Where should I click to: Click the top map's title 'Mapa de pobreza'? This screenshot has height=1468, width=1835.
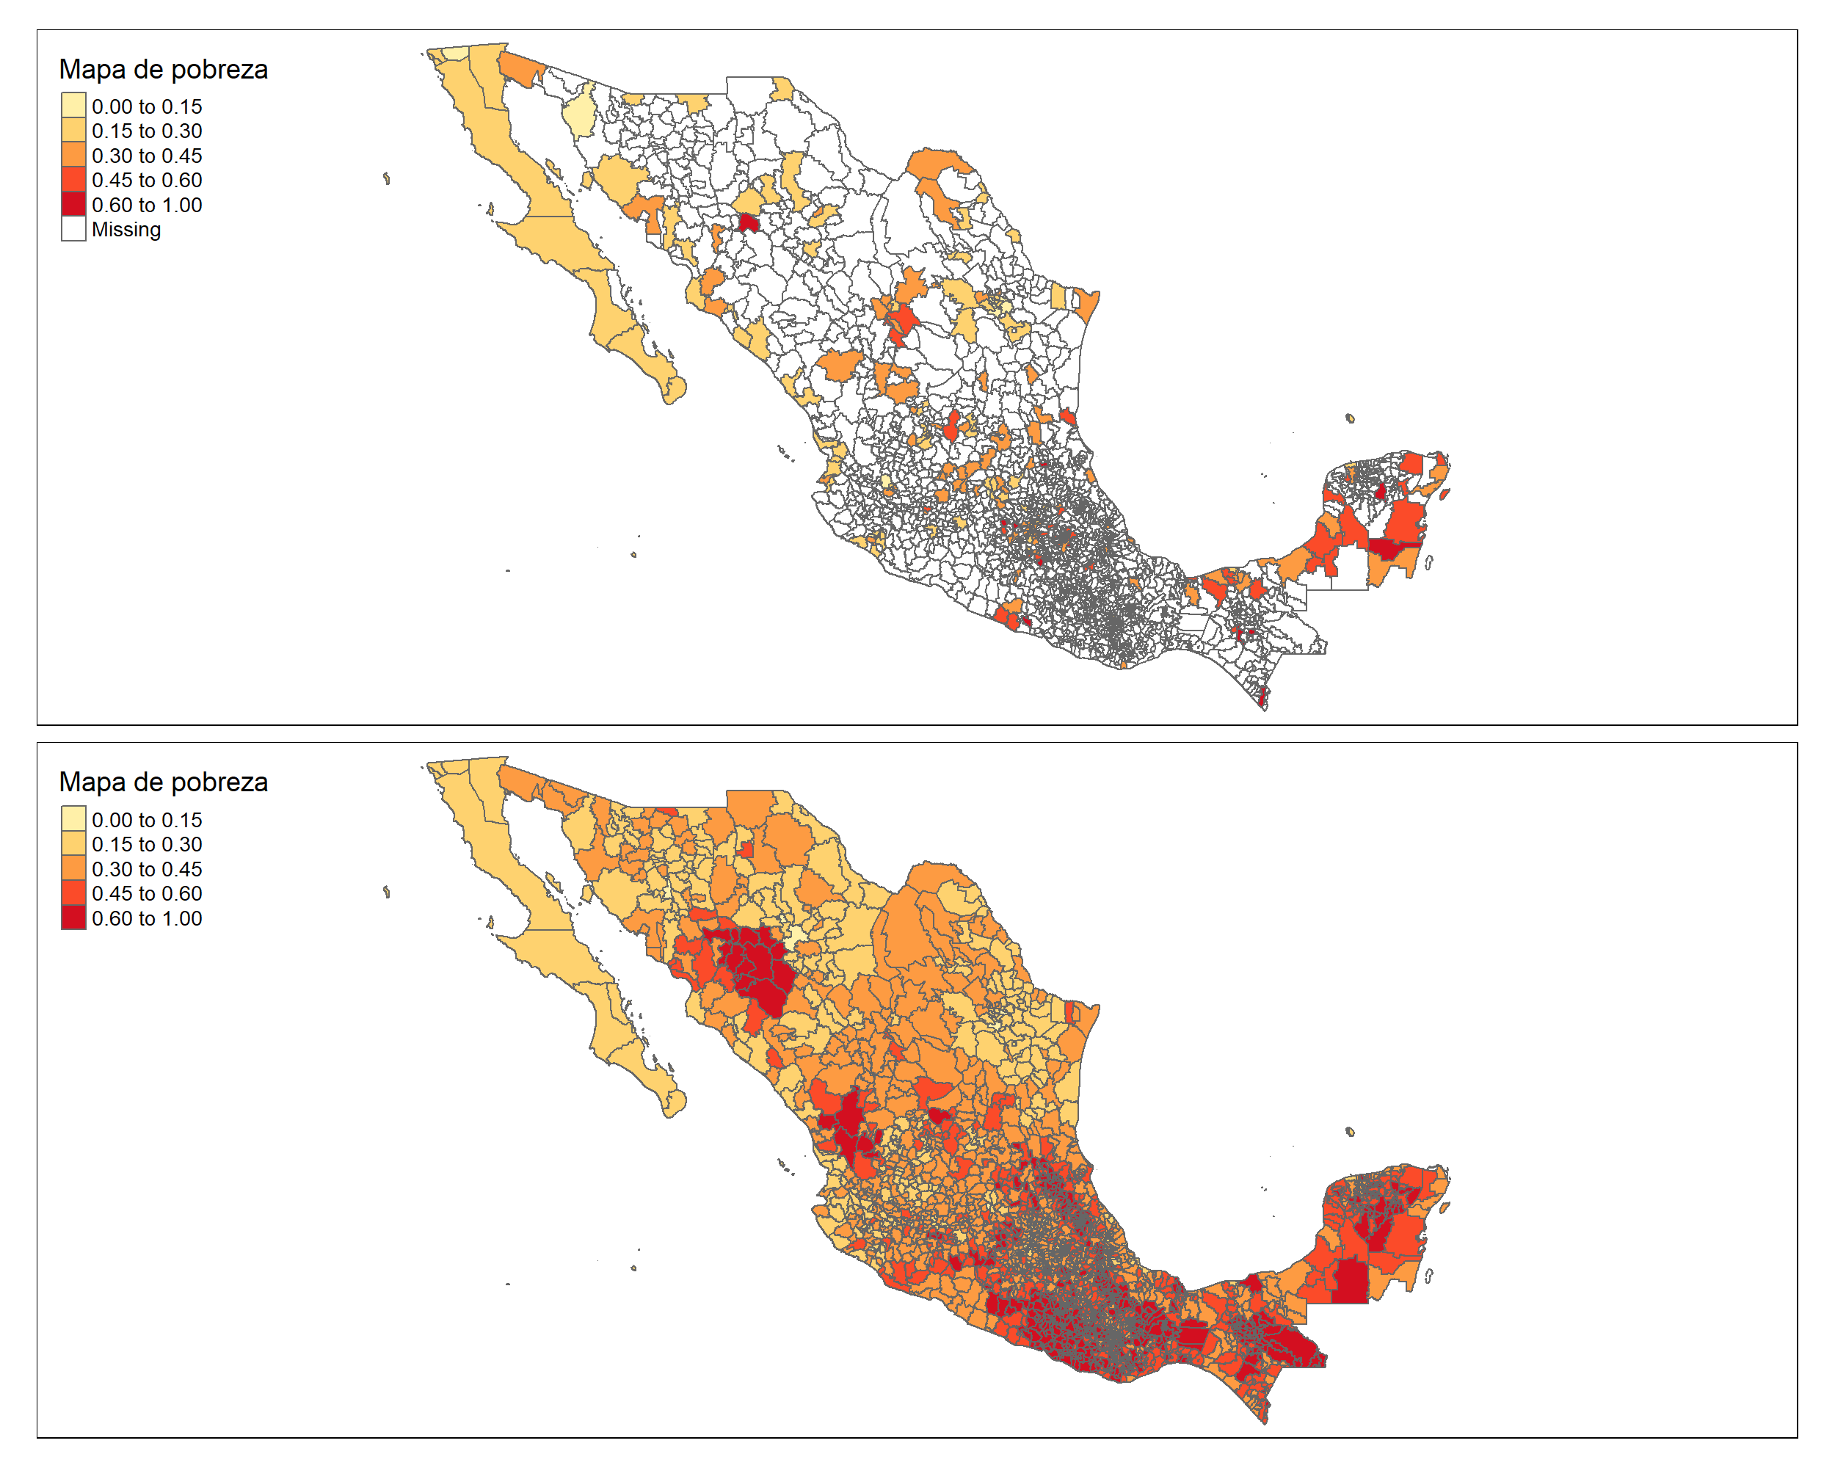(x=164, y=70)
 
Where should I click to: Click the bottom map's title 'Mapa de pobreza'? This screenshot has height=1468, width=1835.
(x=164, y=782)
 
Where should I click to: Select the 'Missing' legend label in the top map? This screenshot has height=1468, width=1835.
(x=126, y=230)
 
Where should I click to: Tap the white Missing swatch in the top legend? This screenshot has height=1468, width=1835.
(x=73, y=229)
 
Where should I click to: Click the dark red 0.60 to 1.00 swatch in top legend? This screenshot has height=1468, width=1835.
(x=73, y=204)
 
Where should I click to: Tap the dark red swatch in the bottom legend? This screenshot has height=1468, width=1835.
(x=73, y=917)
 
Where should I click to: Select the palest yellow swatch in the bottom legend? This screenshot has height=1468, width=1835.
(x=73, y=820)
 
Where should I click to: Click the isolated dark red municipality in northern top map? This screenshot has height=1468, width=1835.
(x=748, y=223)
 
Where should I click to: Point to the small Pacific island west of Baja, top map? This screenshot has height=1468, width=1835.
(x=386, y=178)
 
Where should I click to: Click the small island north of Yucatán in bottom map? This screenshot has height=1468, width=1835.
(x=1350, y=1131)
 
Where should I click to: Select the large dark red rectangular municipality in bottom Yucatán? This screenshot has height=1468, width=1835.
(x=1349, y=1281)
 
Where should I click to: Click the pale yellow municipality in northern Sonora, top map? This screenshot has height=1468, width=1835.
(x=580, y=117)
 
